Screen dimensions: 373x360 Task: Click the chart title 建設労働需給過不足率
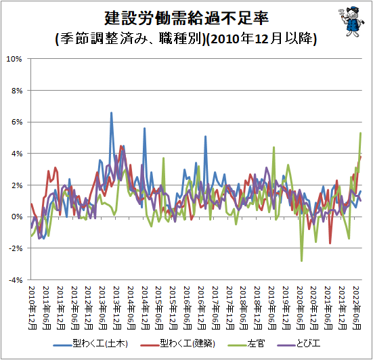pyautogui.click(x=187, y=18)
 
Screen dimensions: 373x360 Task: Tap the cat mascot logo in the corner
pyautogui.click(x=351, y=22)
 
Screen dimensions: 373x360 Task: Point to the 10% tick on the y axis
pyautogui.click(x=14, y=59)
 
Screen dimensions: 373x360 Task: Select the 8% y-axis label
pyautogui.click(x=17, y=91)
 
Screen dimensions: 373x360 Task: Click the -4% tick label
pyautogui.click(x=16, y=280)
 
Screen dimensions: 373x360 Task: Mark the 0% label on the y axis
pyautogui.click(x=17, y=217)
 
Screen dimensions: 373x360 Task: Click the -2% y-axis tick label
pyautogui.click(x=16, y=248)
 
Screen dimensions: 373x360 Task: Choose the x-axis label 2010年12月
pyautogui.click(x=32, y=307)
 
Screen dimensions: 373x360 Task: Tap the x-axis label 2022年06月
pyautogui.click(x=357, y=307)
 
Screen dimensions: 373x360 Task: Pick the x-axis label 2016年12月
pyautogui.click(x=202, y=307)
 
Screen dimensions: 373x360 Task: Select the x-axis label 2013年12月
pyautogui.click(x=117, y=307)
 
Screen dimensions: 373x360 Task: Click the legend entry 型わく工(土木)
pyautogui.click(x=91, y=344)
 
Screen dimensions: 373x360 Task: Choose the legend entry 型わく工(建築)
pyautogui.click(x=177, y=344)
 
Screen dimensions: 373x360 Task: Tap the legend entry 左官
pyautogui.click(x=246, y=344)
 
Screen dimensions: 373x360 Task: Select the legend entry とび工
pyautogui.click(x=299, y=344)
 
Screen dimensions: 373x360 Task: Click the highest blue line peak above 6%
pyautogui.click(x=111, y=113)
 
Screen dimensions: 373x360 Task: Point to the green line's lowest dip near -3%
pyautogui.click(x=302, y=261)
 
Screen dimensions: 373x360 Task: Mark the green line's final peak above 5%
pyautogui.click(x=361, y=133)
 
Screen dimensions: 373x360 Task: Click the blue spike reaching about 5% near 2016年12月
pyautogui.click(x=205, y=137)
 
